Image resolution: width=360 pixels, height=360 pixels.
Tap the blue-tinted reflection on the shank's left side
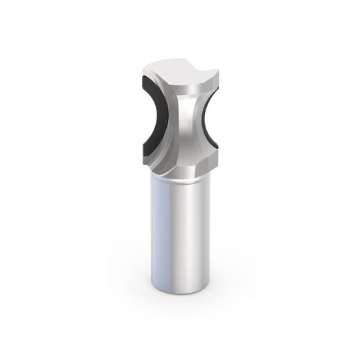157,235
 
